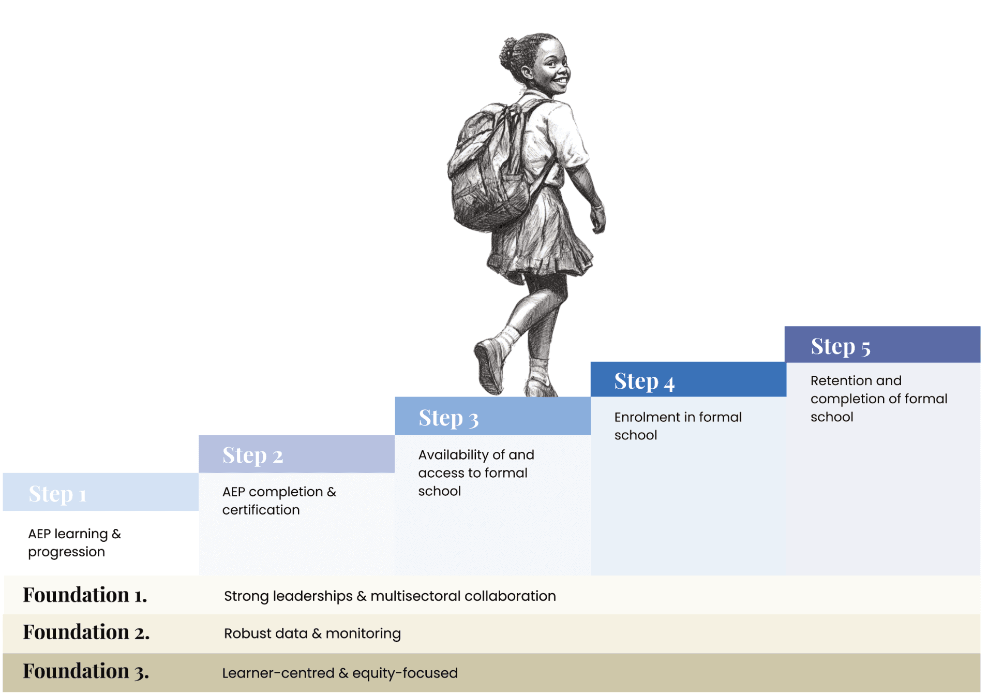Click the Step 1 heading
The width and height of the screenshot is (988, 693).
pyautogui.click(x=57, y=494)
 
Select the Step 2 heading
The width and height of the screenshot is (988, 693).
pyautogui.click(x=252, y=455)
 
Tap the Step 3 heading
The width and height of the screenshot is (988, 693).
pyautogui.click(x=448, y=418)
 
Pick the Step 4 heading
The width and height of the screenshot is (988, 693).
pyautogui.click(x=644, y=381)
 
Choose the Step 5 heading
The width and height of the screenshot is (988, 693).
pyautogui.click(x=841, y=346)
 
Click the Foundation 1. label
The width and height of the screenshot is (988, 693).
pyautogui.click(x=85, y=595)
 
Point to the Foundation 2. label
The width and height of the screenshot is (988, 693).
pyautogui.click(x=86, y=632)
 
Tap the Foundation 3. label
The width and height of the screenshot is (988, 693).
pyautogui.click(x=86, y=671)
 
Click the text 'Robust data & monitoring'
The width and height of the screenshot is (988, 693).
pyautogui.click(x=312, y=633)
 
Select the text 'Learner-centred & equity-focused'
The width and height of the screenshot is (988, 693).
pyautogui.click(x=340, y=673)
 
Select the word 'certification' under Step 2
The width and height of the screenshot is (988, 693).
pyautogui.click(x=261, y=510)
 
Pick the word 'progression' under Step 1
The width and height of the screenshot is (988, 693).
pyautogui.click(x=66, y=552)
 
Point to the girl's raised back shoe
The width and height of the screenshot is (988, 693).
pyautogui.click(x=489, y=365)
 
